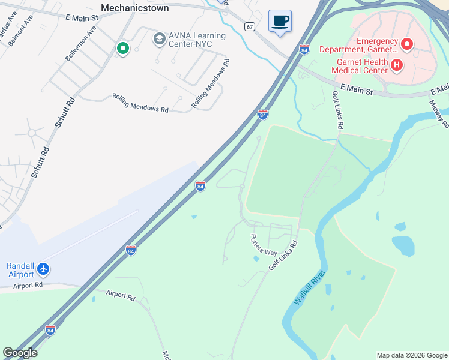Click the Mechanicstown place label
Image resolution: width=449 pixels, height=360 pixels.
[134, 8]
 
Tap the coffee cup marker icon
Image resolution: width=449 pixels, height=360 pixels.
[280, 21]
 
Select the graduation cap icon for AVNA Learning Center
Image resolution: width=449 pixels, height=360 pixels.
[159, 40]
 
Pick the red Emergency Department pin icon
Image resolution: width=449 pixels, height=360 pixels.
[407, 44]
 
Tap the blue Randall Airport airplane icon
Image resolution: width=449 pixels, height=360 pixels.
[43, 268]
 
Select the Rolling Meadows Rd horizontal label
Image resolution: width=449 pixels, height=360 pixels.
[140, 103]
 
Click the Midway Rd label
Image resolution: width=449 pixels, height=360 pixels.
[439, 113]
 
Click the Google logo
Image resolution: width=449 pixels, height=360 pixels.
[20, 353]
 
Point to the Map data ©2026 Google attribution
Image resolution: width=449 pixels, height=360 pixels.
[411, 355]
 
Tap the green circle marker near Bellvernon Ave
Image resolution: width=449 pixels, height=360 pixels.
[122, 48]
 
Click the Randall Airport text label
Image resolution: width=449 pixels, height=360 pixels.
[22, 270]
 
